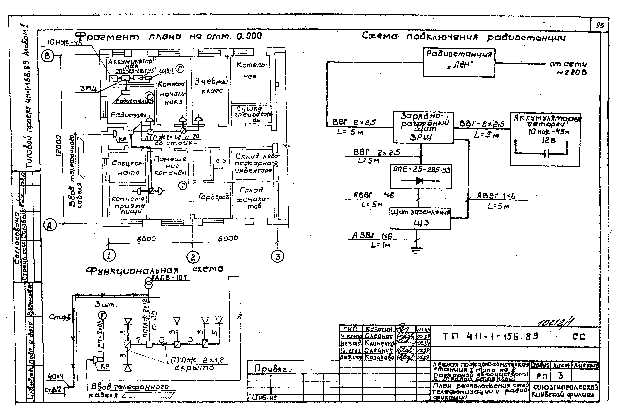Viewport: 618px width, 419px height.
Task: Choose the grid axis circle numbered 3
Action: [x=277, y=256]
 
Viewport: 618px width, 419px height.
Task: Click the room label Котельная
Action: [x=251, y=71]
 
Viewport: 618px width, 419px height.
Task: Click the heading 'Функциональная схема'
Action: [x=154, y=270]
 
